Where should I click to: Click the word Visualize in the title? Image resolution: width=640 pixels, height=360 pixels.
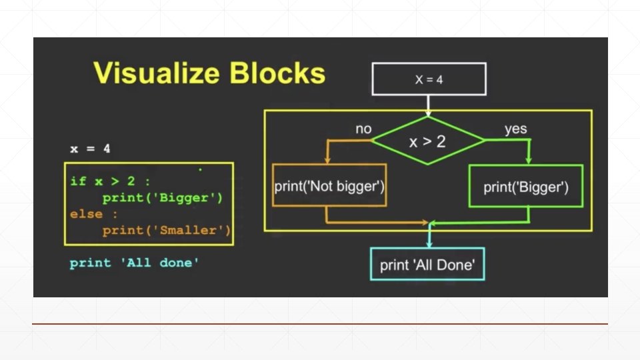click(x=156, y=73)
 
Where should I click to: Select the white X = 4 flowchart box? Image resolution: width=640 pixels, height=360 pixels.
click(x=429, y=79)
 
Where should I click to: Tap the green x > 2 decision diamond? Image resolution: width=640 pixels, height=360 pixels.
click(x=428, y=140)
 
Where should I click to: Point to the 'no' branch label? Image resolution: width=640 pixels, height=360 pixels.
click(x=363, y=129)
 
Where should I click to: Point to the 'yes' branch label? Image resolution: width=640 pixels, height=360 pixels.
click(x=515, y=129)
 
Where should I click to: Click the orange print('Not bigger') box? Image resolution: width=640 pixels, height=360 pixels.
click(x=329, y=185)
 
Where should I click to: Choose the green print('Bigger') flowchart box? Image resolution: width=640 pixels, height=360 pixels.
click(x=526, y=186)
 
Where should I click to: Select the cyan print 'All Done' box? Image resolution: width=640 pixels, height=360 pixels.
click(x=427, y=265)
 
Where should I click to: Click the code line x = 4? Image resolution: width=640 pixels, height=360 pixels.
click(x=90, y=149)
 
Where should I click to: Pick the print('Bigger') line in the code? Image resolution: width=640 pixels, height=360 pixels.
click(x=162, y=198)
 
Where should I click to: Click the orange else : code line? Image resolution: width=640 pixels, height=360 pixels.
click(x=93, y=214)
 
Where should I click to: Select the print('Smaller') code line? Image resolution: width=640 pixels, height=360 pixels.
click(x=166, y=231)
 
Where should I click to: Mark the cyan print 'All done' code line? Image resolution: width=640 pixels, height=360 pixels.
click(x=134, y=263)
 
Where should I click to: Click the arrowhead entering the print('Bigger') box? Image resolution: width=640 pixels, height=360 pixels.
click(x=529, y=161)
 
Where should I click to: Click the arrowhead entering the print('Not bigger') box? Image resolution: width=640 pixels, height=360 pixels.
click(x=327, y=161)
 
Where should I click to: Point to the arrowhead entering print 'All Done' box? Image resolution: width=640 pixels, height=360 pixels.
click(x=428, y=244)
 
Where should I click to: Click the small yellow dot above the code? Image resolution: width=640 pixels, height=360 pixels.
click(x=201, y=171)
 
